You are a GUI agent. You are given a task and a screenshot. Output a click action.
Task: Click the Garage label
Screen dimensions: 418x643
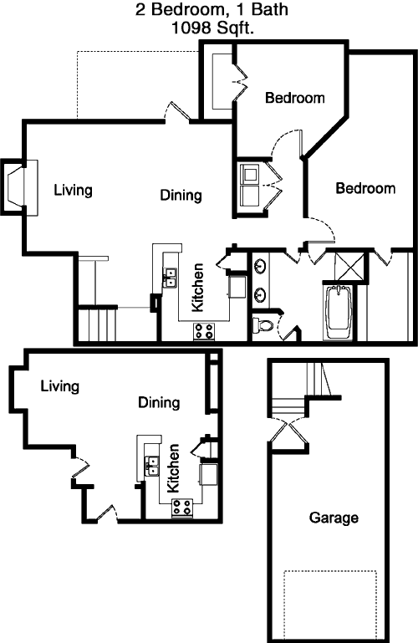(334, 518)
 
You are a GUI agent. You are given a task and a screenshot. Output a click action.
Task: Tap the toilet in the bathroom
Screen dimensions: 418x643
(263, 325)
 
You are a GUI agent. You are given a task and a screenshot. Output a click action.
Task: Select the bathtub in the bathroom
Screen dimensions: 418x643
(338, 311)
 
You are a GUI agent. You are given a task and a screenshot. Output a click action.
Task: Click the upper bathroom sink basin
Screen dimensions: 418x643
(259, 266)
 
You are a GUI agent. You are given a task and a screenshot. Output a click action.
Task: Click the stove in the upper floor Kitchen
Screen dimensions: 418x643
(204, 331)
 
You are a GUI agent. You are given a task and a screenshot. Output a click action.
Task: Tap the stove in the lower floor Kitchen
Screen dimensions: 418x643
(182, 507)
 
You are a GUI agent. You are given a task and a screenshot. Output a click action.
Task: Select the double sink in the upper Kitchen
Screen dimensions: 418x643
(169, 278)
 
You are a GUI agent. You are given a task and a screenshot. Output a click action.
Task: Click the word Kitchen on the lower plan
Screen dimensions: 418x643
(173, 468)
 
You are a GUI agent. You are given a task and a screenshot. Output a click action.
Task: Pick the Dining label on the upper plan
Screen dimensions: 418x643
(181, 195)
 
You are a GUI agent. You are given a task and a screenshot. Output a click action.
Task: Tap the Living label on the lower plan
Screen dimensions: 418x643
(60, 386)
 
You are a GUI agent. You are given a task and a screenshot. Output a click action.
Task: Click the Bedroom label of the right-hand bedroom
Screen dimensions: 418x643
(365, 188)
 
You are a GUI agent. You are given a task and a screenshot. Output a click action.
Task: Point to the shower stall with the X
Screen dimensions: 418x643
(349, 267)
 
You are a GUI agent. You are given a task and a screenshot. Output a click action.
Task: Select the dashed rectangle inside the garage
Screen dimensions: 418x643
(330, 605)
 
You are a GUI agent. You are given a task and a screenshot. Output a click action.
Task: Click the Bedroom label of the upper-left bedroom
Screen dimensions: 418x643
(295, 98)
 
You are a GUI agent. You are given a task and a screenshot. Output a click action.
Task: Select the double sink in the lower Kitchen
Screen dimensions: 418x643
(151, 467)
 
